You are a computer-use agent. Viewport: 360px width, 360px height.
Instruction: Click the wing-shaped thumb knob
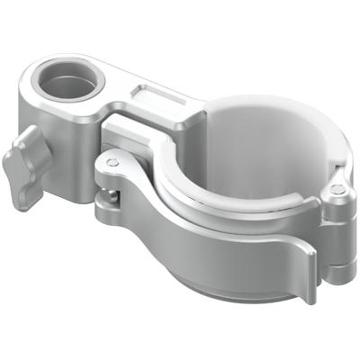coord(23,161)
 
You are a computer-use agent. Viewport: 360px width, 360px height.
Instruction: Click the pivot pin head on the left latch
coord(112,163)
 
